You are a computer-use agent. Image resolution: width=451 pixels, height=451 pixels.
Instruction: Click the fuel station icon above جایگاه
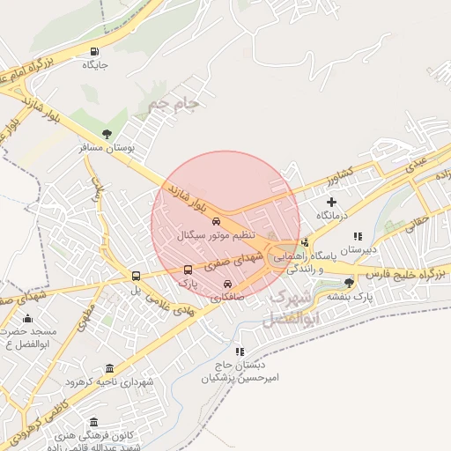pos(95,52)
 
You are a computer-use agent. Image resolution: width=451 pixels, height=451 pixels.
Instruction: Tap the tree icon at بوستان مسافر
pos(107,135)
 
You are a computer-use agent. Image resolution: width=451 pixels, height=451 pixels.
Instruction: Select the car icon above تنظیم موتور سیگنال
pos(217,223)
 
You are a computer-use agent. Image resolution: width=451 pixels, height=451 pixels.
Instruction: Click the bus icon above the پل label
pos(135,276)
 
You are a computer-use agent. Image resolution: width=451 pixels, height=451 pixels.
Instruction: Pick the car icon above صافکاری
pos(228,285)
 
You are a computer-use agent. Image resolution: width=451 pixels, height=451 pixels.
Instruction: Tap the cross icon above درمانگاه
pos(331,203)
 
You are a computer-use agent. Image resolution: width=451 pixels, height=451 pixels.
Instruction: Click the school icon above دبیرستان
pos(358,237)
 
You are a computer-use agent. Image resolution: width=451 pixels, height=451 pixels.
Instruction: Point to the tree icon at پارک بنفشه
pos(350,283)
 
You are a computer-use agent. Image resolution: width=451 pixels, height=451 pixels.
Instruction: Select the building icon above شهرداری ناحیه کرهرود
pos(109,368)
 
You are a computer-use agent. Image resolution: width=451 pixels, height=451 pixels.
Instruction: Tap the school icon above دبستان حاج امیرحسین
pos(240,351)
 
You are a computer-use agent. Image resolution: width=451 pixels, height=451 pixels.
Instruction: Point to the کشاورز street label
pos(335,172)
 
